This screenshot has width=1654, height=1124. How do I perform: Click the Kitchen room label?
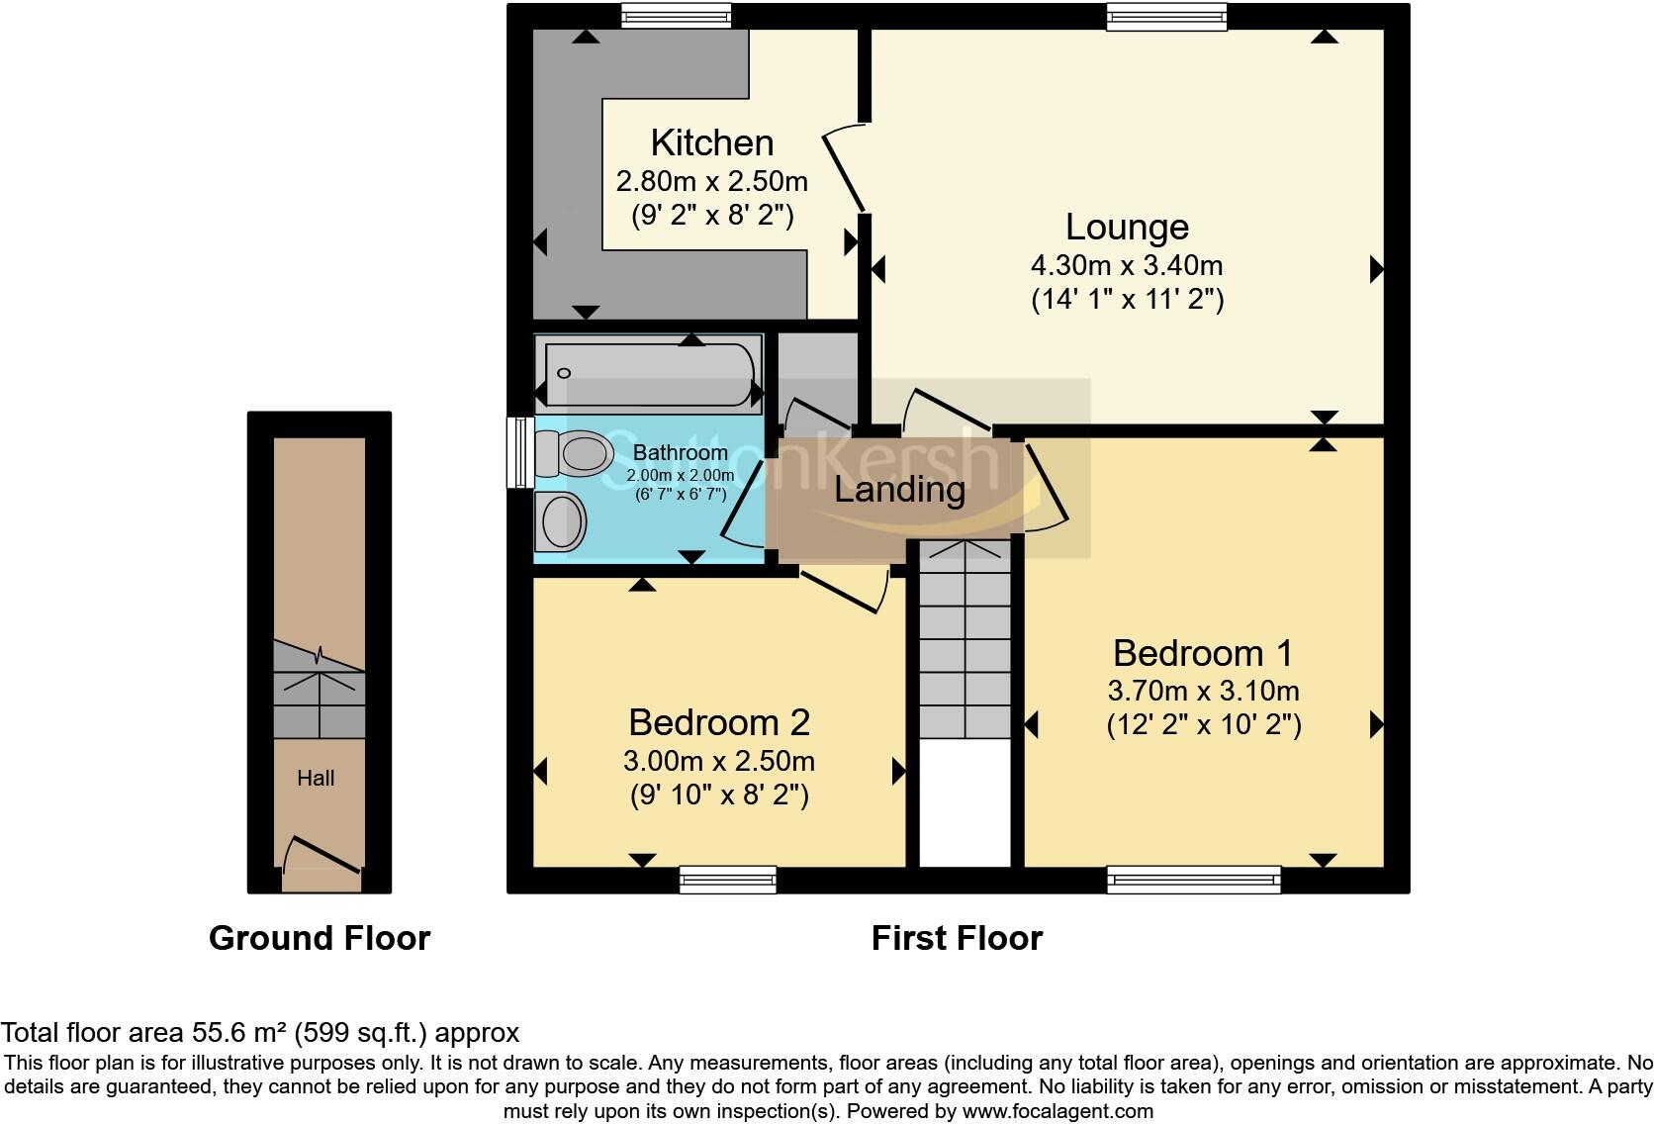click(x=711, y=143)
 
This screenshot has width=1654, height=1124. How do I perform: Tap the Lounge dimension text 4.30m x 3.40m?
click(x=1127, y=266)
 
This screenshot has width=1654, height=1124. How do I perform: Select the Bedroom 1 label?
click(x=1202, y=653)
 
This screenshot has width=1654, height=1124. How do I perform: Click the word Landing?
click(x=899, y=489)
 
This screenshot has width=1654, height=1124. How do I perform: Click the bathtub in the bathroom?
click(x=648, y=373)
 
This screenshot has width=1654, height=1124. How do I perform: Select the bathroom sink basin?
click(x=561, y=520)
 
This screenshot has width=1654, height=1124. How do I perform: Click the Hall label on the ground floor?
click(x=316, y=779)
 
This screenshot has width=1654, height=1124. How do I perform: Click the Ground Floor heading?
click(x=320, y=938)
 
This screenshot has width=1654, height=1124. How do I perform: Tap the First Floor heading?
click(x=957, y=938)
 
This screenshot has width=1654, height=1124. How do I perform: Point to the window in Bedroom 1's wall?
click(x=1193, y=879)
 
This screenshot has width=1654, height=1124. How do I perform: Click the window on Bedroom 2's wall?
click(x=727, y=879)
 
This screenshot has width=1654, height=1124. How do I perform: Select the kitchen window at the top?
click(x=676, y=15)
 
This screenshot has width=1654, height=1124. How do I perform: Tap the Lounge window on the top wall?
click(x=1166, y=15)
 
